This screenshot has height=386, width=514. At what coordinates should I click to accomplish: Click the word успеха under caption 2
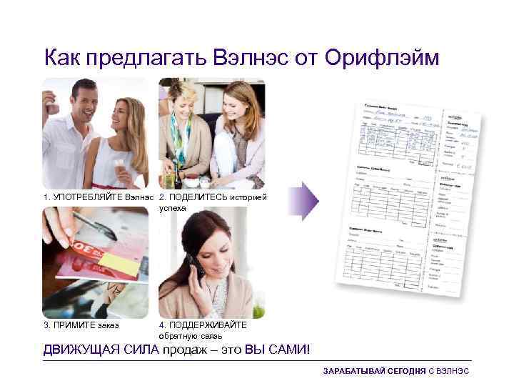pyautogui.click(x=172, y=208)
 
